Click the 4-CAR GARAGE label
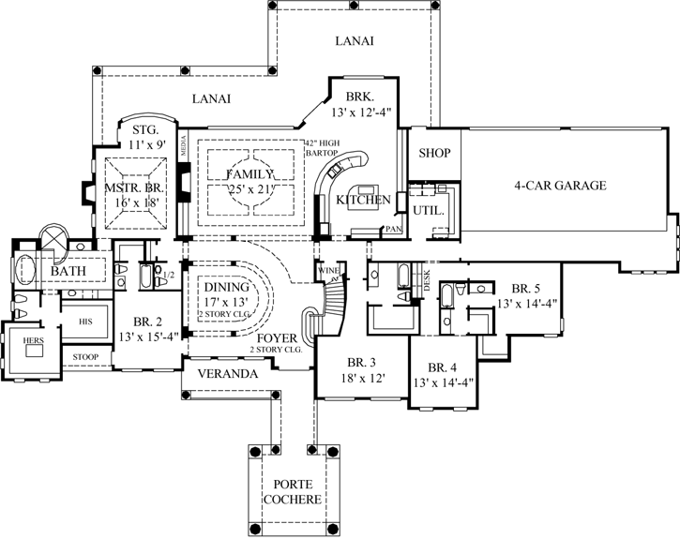[560, 186]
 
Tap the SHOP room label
[434, 153]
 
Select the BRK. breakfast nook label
[359, 97]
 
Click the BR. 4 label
[441, 367]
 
